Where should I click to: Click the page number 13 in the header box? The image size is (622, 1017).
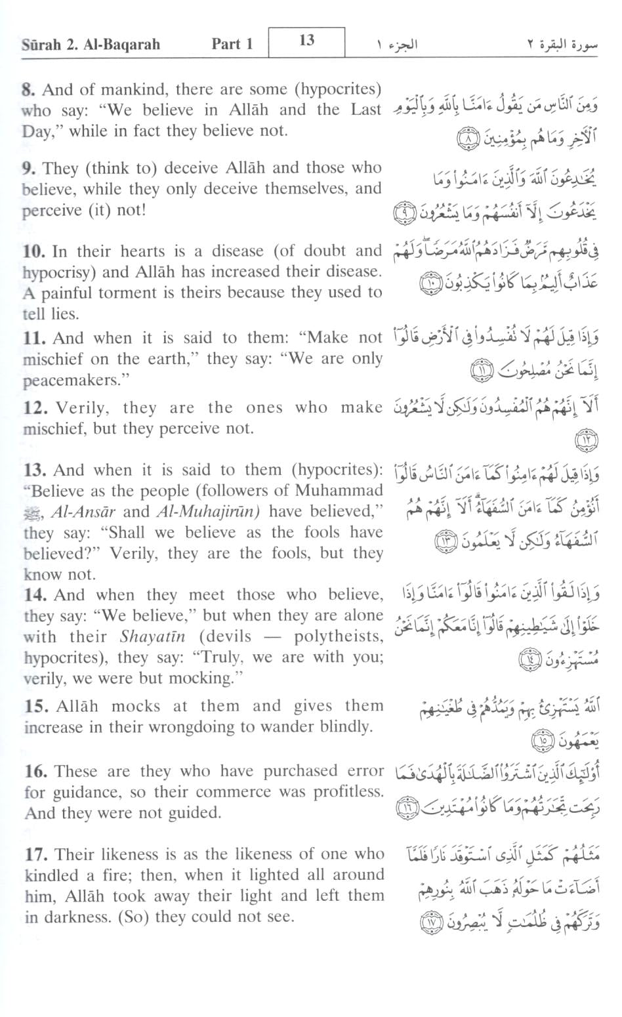(x=306, y=41)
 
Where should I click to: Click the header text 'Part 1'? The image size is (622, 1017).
(x=232, y=45)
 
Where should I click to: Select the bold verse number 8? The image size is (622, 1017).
(x=28, y=90)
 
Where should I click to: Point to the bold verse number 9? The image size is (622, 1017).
(x=28, y=169)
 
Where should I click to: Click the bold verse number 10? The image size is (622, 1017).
(x=33, y=251)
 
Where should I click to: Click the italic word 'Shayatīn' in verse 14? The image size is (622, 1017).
(x=152, y=637)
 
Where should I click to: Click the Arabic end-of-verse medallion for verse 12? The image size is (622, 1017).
(x=585, y=441)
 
